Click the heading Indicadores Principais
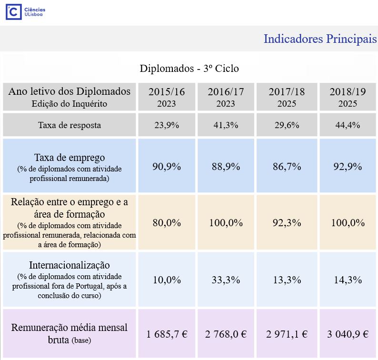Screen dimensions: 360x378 (320, 39)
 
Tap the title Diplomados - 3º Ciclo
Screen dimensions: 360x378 (189, 69)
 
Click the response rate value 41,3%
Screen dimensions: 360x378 (226, 125)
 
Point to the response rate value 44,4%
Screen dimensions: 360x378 (348, 125)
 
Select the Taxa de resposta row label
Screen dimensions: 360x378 (70, 125)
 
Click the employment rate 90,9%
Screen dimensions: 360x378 (167, 167)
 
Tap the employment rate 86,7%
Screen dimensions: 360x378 (287, 167)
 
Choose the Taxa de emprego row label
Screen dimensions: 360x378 (70, 158)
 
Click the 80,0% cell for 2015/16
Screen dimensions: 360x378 (167, 222)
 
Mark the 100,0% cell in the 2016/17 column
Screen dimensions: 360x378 (226, 222)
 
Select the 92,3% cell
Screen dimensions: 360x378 (287, 222)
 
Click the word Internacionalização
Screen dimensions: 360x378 (70, 265)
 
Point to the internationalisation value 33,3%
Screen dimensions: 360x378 (226, 280)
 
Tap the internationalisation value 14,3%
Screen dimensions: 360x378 (348, 280)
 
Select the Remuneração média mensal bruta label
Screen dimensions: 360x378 (70, 334)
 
